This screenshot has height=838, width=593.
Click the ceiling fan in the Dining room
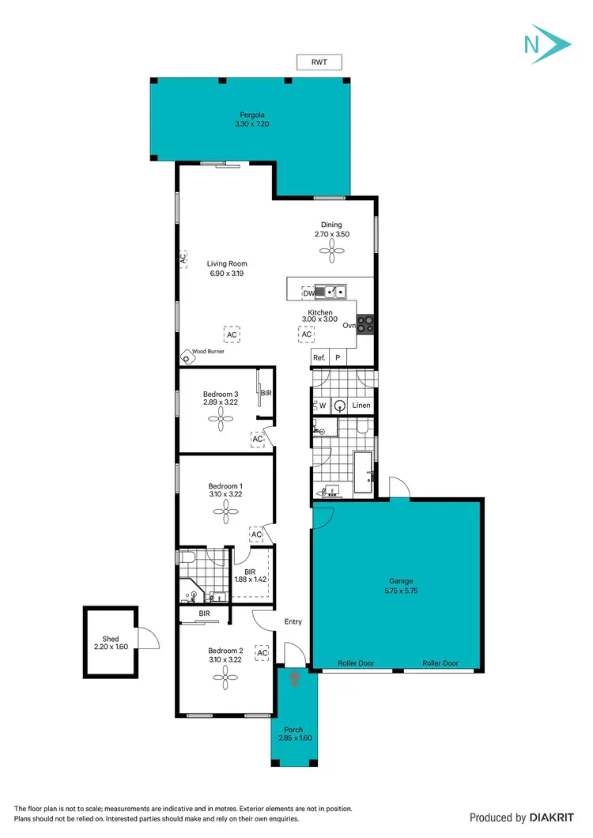[x=330, y=251]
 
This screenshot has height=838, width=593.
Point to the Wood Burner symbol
[x=188, y=357]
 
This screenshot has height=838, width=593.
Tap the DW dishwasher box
[x=308, y=293]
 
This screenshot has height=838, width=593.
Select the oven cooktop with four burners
[x=365, y=324]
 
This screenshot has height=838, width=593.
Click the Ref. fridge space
[x=319, y=358]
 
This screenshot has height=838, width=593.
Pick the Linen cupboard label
[x=361, y=406]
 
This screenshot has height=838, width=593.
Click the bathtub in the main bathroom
[x=364, y=473]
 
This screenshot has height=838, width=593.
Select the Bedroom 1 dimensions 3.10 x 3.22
[x=225, y=494]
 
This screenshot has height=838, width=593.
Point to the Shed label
[x=110, y=639]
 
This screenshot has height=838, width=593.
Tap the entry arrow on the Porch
[x=295, y=678]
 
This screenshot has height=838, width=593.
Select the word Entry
[x=293, y=621]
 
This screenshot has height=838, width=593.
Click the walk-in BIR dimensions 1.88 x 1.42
[x=251, y=579]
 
